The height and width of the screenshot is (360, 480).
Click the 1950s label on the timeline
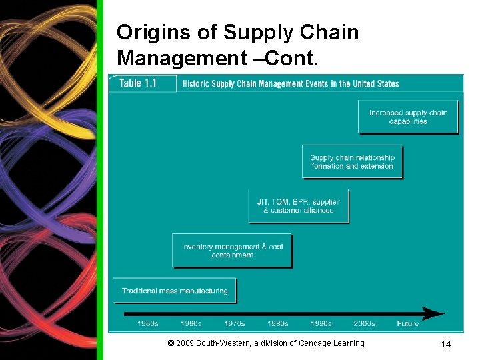point(147,323)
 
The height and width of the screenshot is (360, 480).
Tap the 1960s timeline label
point(191,323)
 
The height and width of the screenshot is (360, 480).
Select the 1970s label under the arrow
point(235,323)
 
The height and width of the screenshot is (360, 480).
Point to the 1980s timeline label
point(277,323)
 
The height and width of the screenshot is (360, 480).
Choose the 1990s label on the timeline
point(321,323)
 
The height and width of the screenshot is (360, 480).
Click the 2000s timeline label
point(364,323)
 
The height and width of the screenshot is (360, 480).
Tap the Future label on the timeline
point(408,323)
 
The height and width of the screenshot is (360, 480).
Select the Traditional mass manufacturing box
point(175,291)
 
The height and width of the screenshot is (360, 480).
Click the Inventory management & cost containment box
point(232,251)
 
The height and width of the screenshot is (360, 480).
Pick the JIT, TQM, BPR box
point(298,206)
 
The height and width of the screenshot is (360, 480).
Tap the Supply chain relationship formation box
point(352,162)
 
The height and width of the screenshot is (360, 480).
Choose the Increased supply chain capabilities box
point(408,117)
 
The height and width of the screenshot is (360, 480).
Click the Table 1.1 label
point(137,83)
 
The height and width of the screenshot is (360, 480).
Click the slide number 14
point(446,344)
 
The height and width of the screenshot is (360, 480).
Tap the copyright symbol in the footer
point(171,343)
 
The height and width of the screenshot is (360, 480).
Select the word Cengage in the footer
point(315,343)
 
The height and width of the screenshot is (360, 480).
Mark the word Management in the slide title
point(178,58)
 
